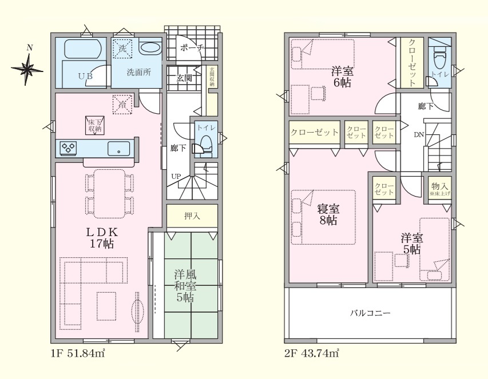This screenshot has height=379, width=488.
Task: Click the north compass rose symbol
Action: click(x=27, y=69)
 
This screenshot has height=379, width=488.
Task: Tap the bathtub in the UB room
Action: click(x=82, y=49)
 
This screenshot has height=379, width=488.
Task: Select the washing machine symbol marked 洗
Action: click(x=122, y=49)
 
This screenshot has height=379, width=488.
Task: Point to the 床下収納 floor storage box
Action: click(x=95, y=125)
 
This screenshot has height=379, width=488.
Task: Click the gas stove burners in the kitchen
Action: click(x=69, y=147)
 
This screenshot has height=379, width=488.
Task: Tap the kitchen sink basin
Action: click(x=119, y=148)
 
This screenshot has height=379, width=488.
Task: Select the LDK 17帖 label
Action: click(x=102, y=238)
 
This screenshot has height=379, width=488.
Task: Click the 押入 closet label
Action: click(x=192, y=216)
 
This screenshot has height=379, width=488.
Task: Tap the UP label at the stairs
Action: click(x=176, y=176)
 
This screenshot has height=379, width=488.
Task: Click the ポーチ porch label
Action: click(x=192, y=48)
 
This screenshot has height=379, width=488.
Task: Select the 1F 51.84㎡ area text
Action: click(x=78, y=353)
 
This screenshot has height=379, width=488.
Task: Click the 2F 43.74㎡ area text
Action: click(x=312, y=353)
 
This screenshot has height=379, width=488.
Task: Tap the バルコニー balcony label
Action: click(x=370, y=313)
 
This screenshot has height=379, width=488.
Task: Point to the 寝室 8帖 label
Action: click(x=328, y=214)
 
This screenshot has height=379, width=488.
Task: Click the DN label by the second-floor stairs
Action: click(x=419, y=135)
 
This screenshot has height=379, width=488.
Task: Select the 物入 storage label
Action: click(x=439, y=186)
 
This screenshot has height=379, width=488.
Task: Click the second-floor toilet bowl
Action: click(x=439, y=62)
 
